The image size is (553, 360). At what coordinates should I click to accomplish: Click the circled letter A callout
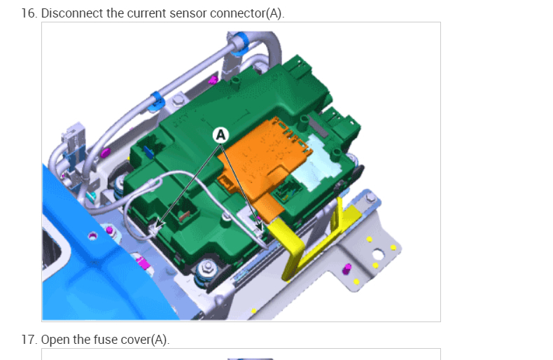point(220,134)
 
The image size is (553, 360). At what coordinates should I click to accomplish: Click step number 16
point(29,13)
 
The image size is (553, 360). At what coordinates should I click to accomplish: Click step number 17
point(29,340)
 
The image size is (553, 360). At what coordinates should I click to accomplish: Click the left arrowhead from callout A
point(159,225)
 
